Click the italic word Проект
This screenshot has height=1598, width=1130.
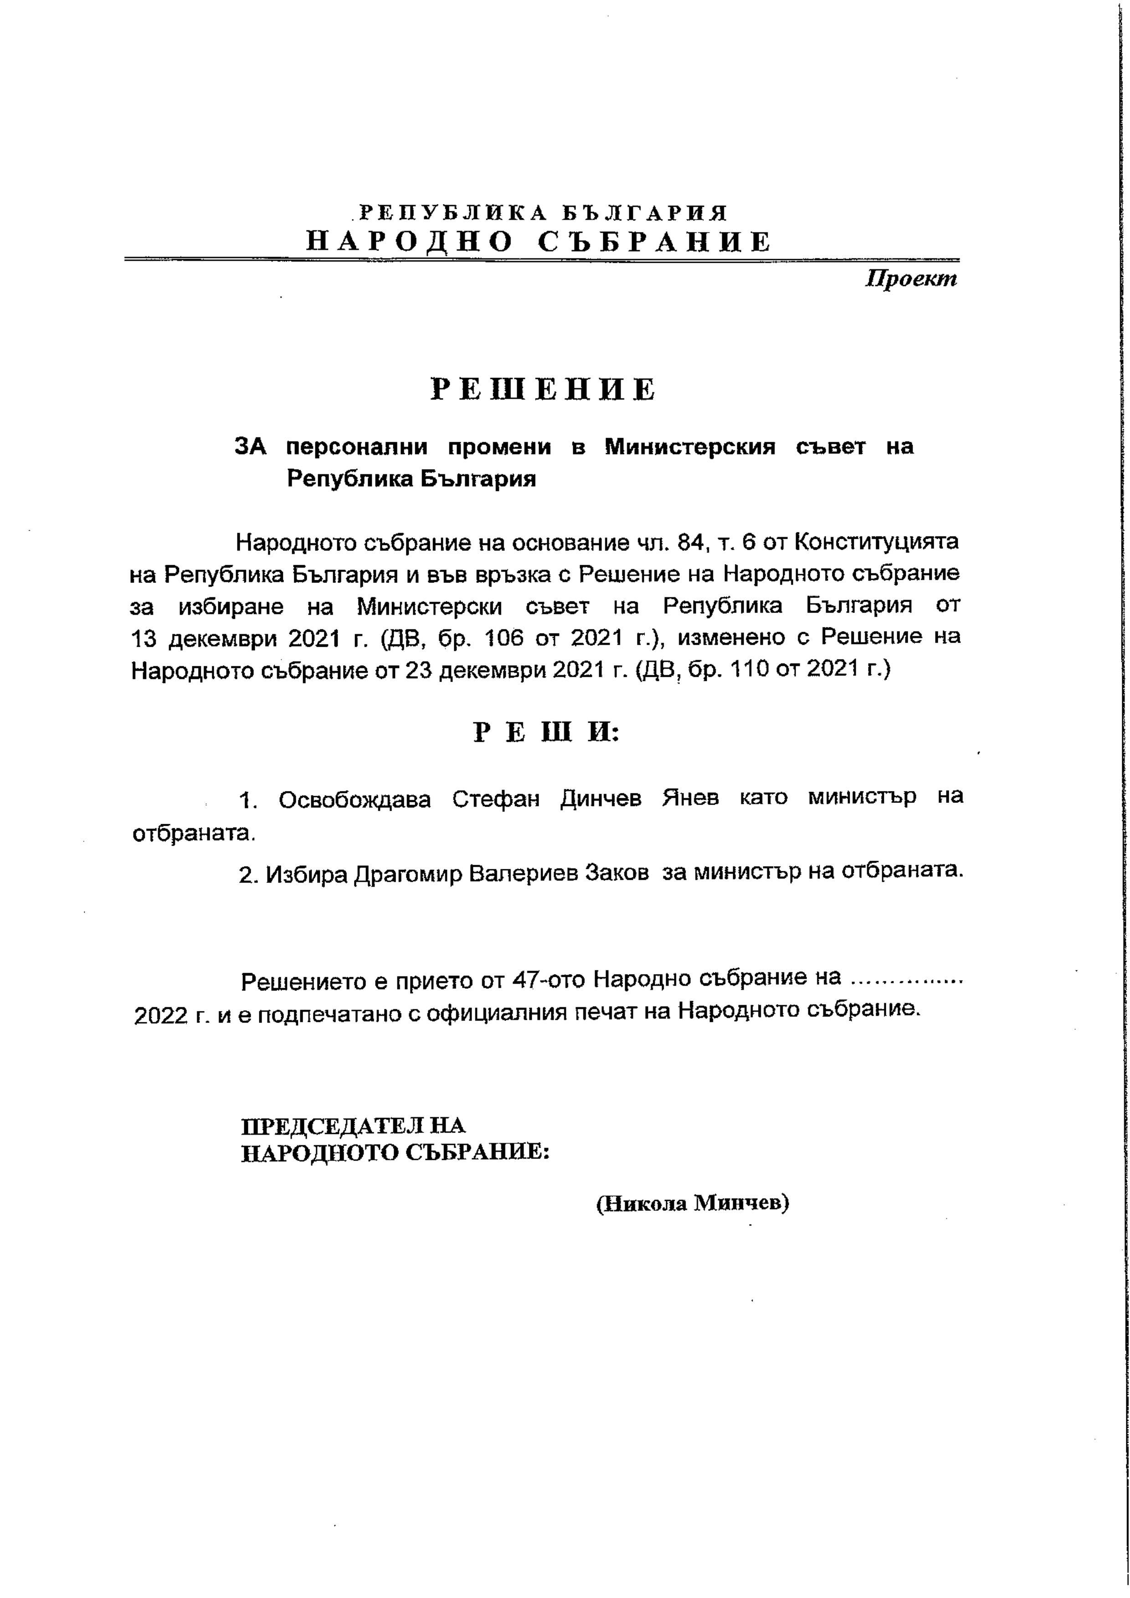(x=911, y=279)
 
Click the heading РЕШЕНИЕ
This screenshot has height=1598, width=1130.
(x=543, y=390)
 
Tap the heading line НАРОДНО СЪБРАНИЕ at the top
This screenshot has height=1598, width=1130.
(x=539, y=241)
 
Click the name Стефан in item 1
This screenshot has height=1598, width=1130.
(x=496, y=799)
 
